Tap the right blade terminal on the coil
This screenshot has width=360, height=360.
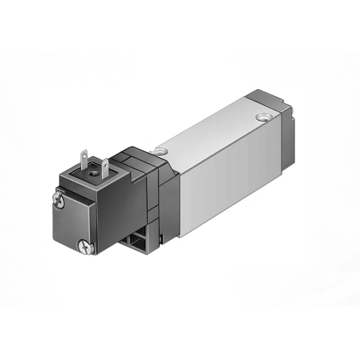coord(104,163)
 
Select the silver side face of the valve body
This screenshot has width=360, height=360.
coord(229,180)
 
